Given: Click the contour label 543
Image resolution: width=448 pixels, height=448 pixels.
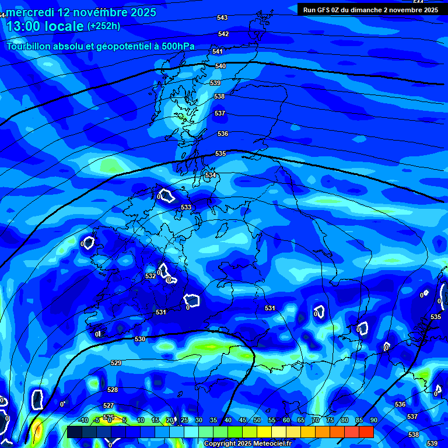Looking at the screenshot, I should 222,18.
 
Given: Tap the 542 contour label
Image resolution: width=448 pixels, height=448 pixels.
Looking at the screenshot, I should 223,34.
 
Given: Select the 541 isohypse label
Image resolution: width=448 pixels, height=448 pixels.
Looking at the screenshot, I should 218,52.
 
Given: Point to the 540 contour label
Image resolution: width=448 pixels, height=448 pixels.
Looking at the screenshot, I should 220,66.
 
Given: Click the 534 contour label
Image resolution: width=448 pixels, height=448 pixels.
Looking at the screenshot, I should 211,176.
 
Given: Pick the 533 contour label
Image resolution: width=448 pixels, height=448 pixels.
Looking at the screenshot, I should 186,208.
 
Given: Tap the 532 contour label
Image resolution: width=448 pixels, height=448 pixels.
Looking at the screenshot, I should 150,275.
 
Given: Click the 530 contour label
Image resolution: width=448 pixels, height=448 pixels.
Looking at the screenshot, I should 140,339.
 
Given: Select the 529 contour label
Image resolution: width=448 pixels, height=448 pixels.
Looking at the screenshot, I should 116,363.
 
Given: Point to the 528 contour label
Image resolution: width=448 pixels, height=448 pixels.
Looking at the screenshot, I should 113,390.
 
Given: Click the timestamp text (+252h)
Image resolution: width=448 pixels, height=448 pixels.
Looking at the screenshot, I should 104,26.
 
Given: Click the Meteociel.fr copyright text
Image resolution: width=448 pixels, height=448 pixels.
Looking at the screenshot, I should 248,444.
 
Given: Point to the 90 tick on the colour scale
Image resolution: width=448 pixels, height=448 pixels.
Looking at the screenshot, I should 373,421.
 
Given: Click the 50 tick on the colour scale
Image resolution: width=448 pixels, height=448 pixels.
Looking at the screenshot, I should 257,421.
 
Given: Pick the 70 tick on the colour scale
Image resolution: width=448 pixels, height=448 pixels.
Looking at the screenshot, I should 316,421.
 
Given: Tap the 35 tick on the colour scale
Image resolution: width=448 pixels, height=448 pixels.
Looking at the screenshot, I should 213,421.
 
